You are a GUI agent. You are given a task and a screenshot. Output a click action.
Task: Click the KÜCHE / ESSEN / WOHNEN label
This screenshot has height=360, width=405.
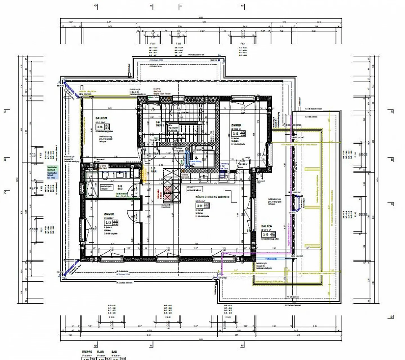[212, 197]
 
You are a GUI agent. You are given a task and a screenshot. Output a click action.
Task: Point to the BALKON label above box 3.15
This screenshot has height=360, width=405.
[267, 226]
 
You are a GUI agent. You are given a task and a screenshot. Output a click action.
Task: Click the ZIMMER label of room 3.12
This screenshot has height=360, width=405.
[236, 125]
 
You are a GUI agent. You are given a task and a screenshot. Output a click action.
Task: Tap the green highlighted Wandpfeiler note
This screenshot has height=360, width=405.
[53, 168]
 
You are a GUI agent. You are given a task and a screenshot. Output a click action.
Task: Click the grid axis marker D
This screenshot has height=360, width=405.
[391, 317]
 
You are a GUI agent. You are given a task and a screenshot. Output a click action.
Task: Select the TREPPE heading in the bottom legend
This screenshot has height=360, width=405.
[87, 352]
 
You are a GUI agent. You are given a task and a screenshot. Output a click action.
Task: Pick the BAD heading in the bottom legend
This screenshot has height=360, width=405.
[114, 352]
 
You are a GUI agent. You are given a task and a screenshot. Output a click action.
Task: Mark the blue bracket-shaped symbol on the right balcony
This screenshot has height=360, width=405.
[297, 204]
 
